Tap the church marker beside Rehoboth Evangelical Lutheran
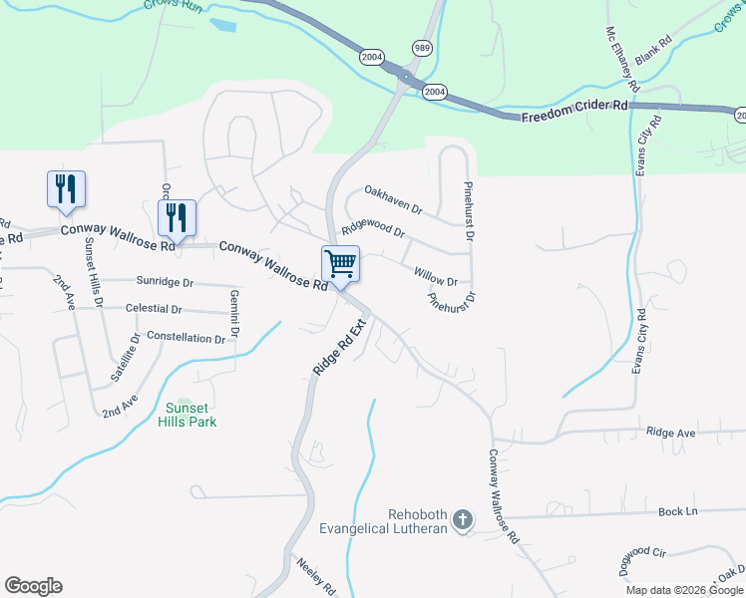click(462, 519)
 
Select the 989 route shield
click(421, 48)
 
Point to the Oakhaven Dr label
click(394, 200)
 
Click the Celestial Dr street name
click(155, 309)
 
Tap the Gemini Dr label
click(234, 312)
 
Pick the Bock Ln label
click(678, 511)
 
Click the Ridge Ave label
click(671, 433)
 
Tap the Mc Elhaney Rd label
click(619, 56)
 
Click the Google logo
click(33, 586)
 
